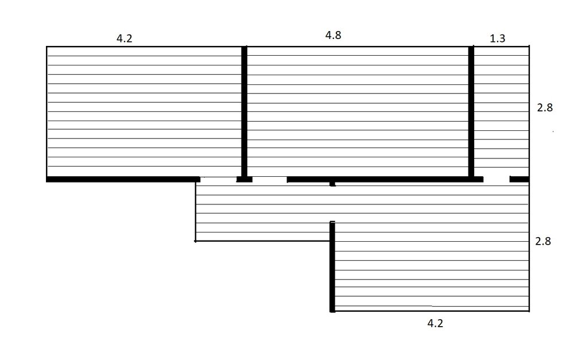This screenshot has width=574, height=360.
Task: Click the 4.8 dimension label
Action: pos(333,35)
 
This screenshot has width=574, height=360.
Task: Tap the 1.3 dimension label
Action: pos(498,38)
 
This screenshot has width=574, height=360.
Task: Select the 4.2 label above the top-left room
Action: pos(124,38)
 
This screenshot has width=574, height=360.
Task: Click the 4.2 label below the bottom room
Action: pos(435,323)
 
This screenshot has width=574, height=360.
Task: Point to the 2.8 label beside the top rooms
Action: pos(545,108)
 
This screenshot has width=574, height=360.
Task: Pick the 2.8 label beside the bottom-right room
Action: pos(543,241)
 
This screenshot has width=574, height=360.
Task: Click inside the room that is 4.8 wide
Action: pos(358,111)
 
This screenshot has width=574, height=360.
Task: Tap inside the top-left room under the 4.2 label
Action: pos(144,111)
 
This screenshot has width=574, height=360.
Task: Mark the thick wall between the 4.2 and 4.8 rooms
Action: pos(245,112)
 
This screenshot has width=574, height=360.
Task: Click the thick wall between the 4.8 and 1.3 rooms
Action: pos(471,112)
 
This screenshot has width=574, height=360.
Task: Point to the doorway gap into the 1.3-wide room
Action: pos(497,180)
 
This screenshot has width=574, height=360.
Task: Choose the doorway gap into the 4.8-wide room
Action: pos(269,180)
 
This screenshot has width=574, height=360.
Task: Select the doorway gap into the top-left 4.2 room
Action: pos(218,180)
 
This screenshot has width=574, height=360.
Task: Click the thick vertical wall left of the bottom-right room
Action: pos(332,266)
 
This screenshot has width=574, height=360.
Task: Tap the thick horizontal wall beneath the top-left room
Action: pos(123,180)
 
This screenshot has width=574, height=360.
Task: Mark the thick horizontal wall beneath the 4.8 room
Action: pos(385,180)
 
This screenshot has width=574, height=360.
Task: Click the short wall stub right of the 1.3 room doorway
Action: pos(519,180)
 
